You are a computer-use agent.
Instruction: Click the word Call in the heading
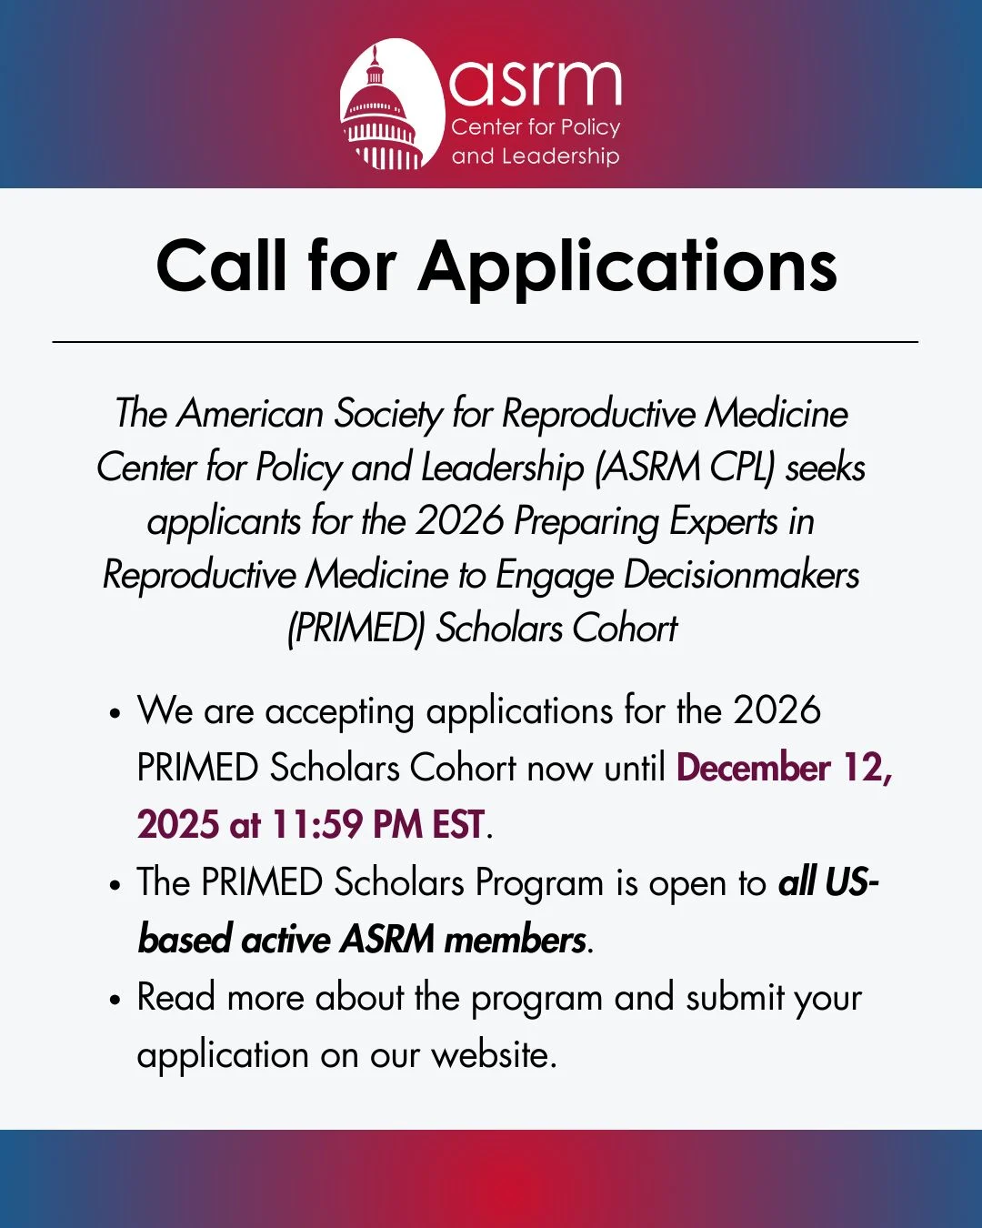tap(224, 266)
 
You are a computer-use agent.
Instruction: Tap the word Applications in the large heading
tap(627, 267)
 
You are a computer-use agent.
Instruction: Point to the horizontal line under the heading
tap(486, 342)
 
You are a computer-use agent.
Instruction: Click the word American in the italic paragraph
tap(250, 414)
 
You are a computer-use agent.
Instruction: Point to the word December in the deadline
tap(754, 768)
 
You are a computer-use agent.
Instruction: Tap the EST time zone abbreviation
tap(457, 825)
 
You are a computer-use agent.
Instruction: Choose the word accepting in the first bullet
tap(339, 711)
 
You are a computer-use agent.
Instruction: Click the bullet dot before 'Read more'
tap(115, 1000)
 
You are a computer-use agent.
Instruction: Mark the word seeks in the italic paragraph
tap(826, 468)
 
